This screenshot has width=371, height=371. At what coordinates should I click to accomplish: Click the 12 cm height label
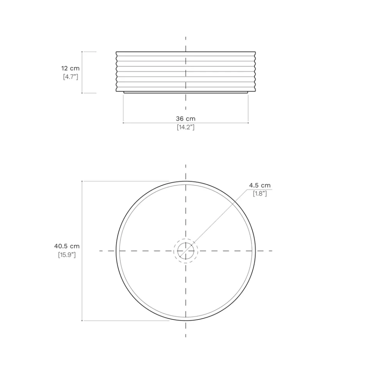70,68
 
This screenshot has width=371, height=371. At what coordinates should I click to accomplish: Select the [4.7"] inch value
71,77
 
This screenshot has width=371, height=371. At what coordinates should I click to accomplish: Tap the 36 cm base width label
185,119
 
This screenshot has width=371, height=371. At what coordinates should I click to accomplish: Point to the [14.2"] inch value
185,127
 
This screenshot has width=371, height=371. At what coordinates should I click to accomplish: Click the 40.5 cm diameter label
67,246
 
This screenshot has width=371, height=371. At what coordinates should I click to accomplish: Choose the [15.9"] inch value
67,255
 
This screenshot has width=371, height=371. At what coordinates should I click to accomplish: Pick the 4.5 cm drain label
260,185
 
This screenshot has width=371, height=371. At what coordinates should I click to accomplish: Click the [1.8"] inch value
260,193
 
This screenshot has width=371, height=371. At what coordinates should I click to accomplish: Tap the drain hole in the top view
185,251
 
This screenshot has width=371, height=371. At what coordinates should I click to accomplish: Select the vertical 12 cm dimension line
82,72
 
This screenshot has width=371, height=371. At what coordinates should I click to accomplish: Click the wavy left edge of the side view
117,72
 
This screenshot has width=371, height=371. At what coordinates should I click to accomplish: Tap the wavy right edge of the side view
255,72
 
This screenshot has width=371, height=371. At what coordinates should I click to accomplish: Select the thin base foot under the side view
185,93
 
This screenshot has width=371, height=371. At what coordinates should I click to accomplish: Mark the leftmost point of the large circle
116,251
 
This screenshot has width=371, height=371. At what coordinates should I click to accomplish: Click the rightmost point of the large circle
255,251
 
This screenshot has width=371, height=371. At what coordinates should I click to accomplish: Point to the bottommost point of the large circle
185,321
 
